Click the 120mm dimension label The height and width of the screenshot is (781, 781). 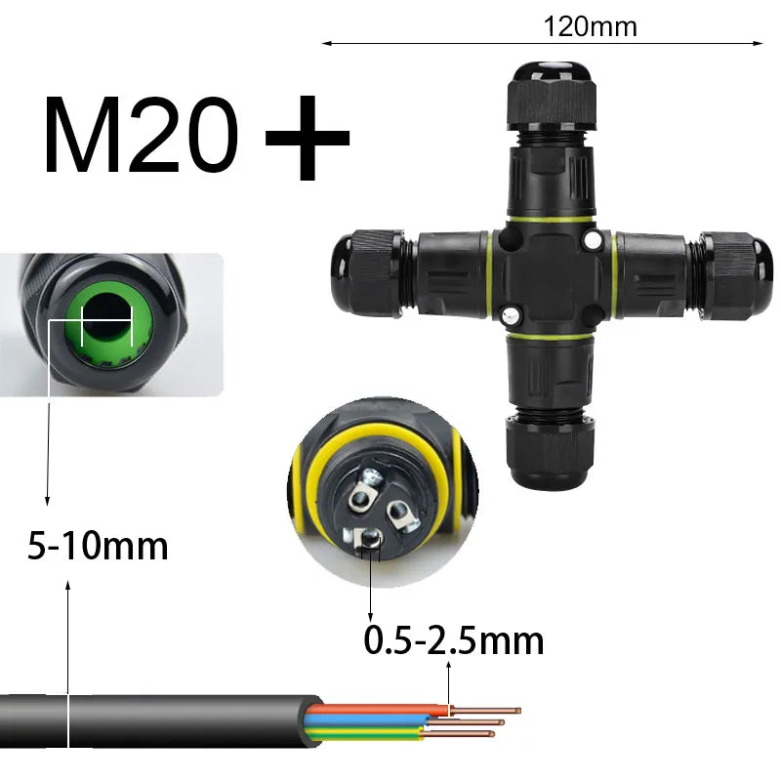click(x=590, y=26)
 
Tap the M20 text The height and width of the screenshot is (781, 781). click(x=141, y=136)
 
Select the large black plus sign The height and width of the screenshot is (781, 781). click(x=308, y=138)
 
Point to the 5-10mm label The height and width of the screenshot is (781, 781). click(x=98, y=546)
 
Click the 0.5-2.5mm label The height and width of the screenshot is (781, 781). click(x=454, y=640)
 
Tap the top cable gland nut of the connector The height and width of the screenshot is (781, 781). click(x=552, y=96)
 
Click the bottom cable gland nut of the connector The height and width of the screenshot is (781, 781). click(x=551, y=452)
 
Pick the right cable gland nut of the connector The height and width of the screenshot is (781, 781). click(x=736, y=275)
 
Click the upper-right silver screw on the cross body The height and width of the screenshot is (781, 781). click(x=593, y=240)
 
